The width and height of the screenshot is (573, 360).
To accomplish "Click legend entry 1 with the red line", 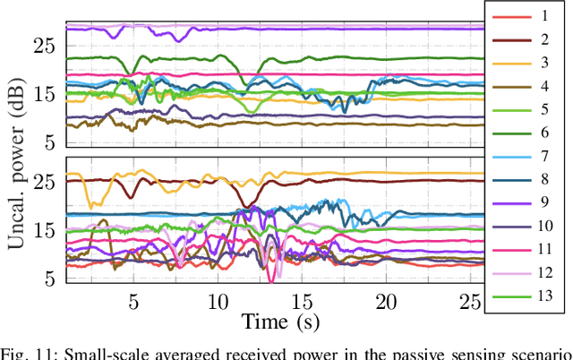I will coord(528,16).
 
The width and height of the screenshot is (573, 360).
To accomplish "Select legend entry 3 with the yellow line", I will coord(528,63).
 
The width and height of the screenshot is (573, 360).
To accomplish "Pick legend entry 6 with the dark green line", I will coord(528,133).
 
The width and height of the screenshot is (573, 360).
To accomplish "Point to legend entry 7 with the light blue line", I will coord(528,156).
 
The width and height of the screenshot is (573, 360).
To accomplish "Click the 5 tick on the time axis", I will coord(133,301).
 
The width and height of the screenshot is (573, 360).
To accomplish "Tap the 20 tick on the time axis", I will coord(386,301).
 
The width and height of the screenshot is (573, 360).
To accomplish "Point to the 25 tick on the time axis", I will coord(470,301).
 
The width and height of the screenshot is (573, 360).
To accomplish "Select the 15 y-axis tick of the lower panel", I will coord(47,230).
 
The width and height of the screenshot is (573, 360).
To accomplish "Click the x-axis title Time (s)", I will coord(278,320).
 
